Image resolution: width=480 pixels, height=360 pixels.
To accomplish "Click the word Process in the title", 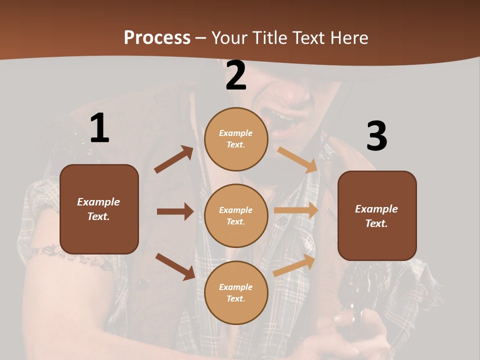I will (157, 37).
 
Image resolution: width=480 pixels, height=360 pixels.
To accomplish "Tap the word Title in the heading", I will (269, 37).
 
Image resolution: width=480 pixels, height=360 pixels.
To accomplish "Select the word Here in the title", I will (348, 37).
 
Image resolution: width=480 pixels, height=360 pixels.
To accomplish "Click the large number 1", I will (99, 128).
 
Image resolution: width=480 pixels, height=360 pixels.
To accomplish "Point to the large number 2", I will (236, 76).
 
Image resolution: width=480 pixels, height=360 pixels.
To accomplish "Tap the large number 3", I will (376, 136).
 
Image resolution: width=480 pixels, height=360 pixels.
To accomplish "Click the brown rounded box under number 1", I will (99, 209).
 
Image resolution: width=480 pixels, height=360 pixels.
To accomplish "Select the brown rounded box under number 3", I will (377, 216).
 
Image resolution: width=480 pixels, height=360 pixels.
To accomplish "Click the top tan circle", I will (236, 139).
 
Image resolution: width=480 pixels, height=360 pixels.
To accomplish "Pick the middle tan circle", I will (236, 216).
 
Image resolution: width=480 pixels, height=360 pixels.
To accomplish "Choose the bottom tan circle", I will (236, 293).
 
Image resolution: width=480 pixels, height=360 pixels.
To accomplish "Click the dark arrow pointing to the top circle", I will (174, 159).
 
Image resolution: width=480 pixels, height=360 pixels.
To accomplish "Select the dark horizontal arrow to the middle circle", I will (175, 211).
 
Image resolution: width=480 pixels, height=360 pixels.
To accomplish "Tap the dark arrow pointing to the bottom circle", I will (175, 266).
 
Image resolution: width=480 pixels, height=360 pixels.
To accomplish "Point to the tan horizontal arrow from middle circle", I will (296, 210).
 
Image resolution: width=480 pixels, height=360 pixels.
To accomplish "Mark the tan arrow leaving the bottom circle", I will (294, 265).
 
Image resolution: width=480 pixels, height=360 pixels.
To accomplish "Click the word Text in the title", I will (310, 37).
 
